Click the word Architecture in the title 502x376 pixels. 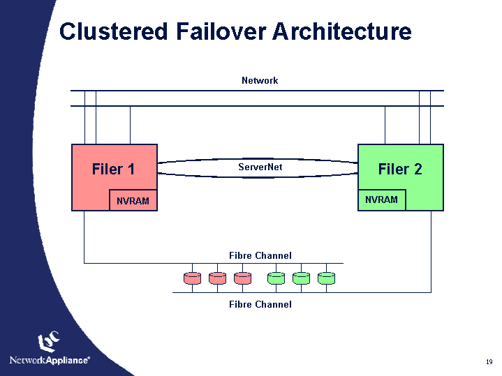(341, 31)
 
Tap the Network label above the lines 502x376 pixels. (260, 80)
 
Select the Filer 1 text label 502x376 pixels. (113, 169)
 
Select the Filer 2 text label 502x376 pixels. (400, 169)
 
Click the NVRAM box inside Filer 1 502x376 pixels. (133, 201)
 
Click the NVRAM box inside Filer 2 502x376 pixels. (382, 200)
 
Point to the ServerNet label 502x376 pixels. (260, 167)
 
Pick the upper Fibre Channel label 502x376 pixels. (260, 255)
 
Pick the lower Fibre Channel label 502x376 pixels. (260, 304)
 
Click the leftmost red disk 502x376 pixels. (192, 278)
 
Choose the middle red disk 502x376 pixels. (217, 278)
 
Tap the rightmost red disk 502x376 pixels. (242, 278)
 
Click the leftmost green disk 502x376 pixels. (276, 278)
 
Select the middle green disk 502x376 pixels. (301, 278)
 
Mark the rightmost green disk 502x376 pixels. (326, 278)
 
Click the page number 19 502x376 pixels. (489, 362)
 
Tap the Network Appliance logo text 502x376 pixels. (50, 360)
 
